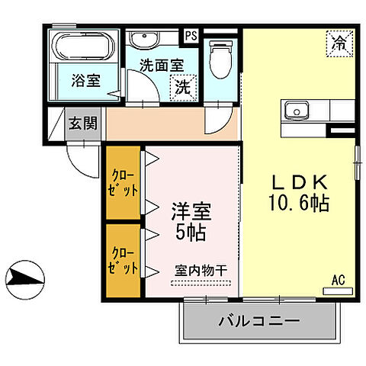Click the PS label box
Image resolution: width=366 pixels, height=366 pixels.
pyautogui.click(x=190, y=34)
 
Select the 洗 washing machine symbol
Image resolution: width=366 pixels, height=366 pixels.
pyautogui.click(x=183, y=86)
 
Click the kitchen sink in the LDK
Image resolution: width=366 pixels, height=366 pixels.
pyautogui.click(x=294, y=111)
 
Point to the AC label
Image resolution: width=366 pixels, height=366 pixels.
pyautogui.click(x=339, y=280)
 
